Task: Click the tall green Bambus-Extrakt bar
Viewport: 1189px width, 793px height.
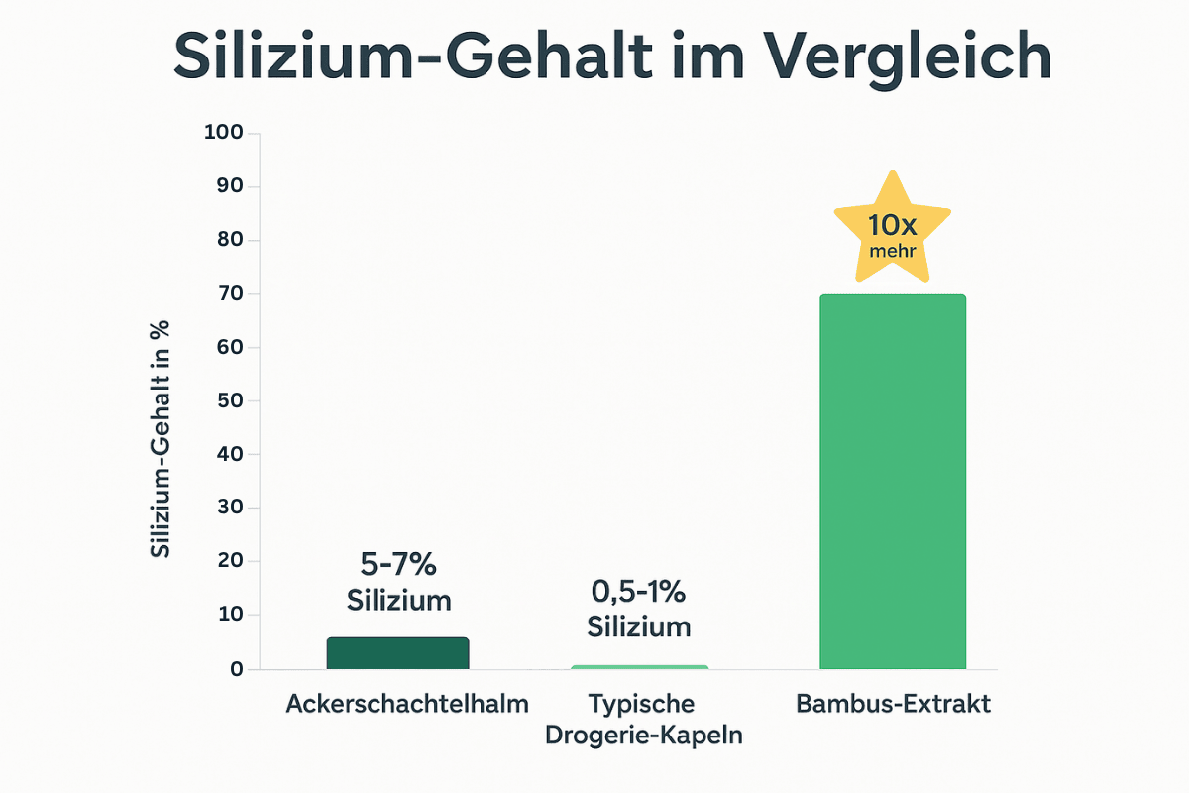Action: [x=892, y=482]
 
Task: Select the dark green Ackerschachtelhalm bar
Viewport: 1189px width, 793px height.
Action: [x=397, y=653]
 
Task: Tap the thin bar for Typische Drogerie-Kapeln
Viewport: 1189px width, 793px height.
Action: [x=640, y=667]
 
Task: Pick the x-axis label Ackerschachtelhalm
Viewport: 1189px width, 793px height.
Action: [x=406, y=705]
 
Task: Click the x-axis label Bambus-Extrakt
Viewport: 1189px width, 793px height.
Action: [x=892, y=705]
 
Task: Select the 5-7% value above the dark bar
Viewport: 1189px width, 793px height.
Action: [x=398, y=565]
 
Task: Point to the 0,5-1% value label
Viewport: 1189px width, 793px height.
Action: [x=639, y=592]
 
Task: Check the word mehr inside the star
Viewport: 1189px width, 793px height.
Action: [x=892, y=251]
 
